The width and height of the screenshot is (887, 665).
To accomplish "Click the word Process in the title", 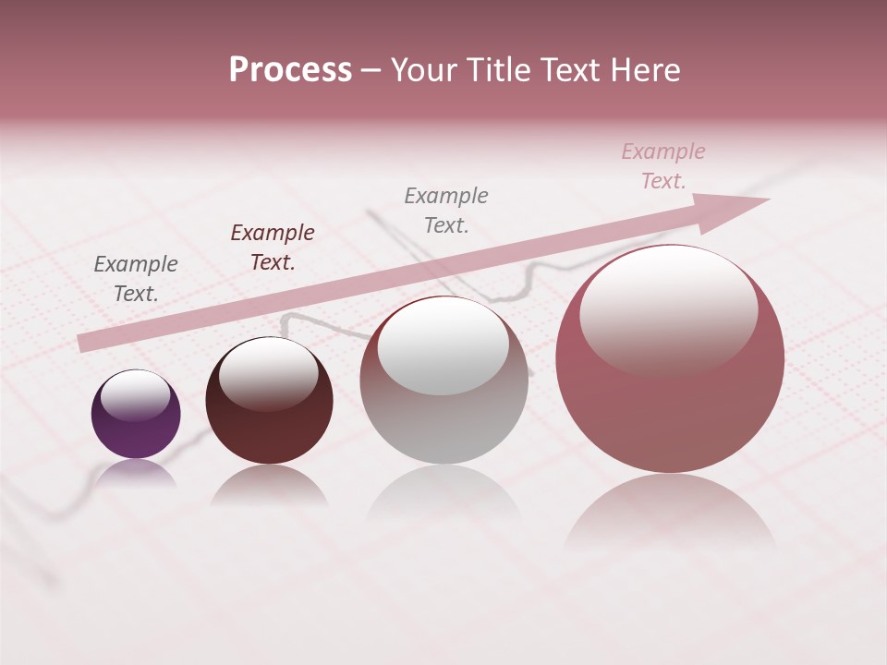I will pyautogui.click(x=290, y=70).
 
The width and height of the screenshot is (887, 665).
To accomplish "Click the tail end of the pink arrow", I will pyautogui.click(x=83, y=343).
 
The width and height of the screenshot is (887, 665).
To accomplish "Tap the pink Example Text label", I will pyautogui.click(x=663, y=166).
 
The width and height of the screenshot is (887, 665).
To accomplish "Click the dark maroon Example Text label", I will pyautogui.click(x=273, y=248).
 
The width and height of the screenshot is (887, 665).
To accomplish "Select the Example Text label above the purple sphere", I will pyautogui.click(x=136, y=279).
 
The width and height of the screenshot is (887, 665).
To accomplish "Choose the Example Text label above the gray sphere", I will pyautogui.click(x=446, y=211).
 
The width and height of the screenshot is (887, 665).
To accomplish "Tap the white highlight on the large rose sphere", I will pyautogui.click(x=668, y=309).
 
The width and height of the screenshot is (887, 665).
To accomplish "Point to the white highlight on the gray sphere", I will pyautogui.click(x=443, y=345).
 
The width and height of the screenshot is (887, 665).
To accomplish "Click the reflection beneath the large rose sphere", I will pyautogui.click(x=670, y=513).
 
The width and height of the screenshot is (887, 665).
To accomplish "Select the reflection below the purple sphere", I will pyautogui.click(x=136, y=473).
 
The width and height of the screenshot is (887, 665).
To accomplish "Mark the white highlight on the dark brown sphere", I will pyautogui.click(x=269, y=374).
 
